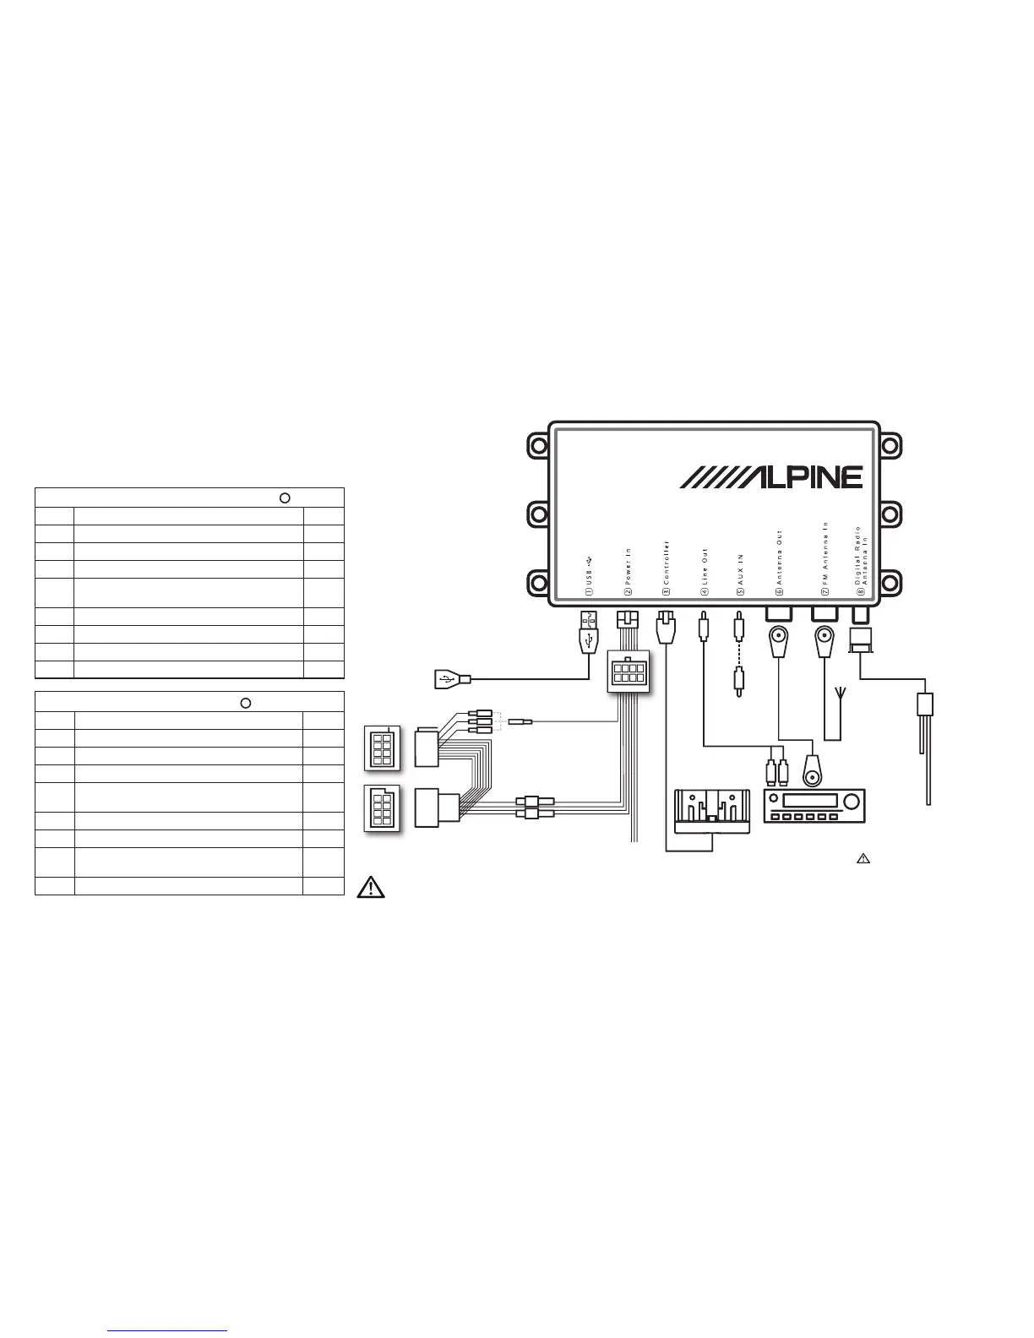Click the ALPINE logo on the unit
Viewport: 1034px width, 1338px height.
(770, 477)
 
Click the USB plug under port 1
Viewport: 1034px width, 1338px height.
(589, 633)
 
